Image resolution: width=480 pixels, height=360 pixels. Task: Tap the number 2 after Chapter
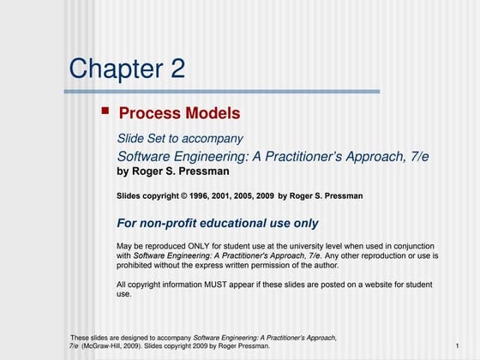pyautogui.click(x=177, y=69)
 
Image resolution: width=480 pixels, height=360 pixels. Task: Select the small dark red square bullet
pyautogui.click(x=105, y=111)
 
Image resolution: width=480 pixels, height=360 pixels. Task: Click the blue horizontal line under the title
pyautogui.click(x=223, y=92)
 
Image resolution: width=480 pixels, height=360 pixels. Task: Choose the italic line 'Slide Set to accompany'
pyautogui.click(x=180, y=138)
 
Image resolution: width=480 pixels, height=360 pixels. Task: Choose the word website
pyautogui.click(x=382, y=285)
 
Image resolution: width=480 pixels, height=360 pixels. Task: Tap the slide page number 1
pyautogui.click(x=458, y=346)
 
